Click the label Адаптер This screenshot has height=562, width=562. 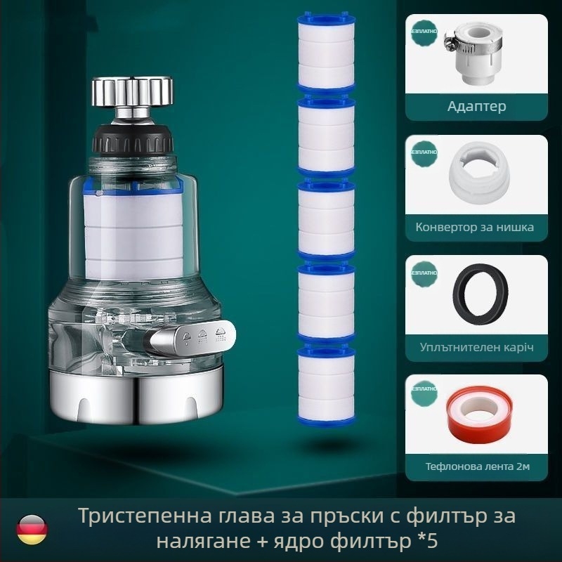click(x=477, y=107)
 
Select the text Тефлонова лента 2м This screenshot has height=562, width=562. click(x=477, y=466)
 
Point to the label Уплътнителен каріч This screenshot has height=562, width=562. click(x=477, y=347)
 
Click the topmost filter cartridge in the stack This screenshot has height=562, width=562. click(x=325, y=53)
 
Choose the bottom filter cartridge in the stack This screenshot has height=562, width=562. click(x=325, y=383)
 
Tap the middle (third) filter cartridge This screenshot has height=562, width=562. click(x=325, y=218)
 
